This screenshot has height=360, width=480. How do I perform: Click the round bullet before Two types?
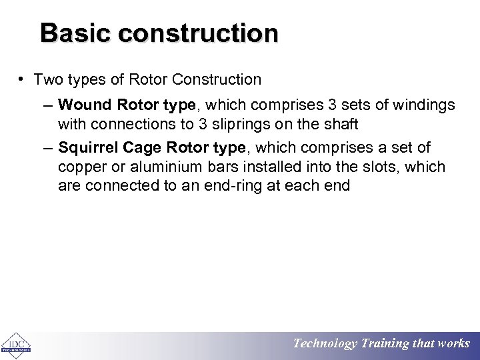click(x=22, y=79)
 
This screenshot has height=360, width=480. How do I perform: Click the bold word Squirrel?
click(x=88, y=147)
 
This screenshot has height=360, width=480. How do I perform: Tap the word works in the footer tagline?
click(x=453, y=344)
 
